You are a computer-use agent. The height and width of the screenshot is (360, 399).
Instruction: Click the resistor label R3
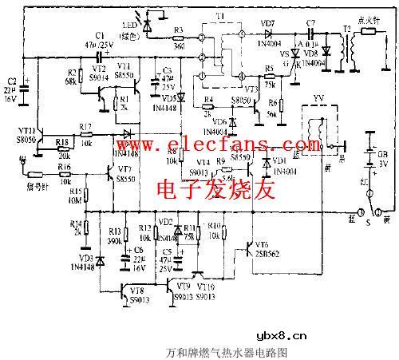[x=179, y=30]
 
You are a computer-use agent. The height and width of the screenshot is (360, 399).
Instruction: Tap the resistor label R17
[x=85, y=125]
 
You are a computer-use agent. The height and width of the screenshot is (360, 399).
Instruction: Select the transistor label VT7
[x=124, y=169]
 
